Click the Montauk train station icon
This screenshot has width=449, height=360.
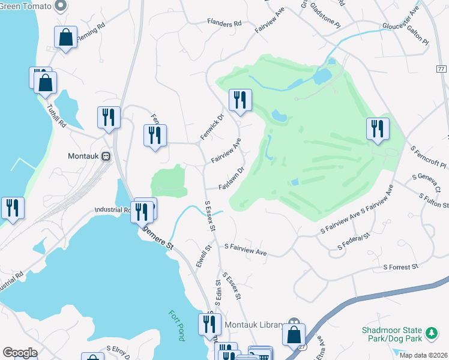106,156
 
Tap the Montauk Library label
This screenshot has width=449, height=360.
253,325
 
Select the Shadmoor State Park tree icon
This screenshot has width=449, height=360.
431,332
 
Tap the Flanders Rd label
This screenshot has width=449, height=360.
224,23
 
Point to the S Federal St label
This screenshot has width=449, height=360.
354,242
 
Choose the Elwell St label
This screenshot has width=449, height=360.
204,256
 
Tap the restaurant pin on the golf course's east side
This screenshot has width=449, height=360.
378,128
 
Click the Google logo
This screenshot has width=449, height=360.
20,353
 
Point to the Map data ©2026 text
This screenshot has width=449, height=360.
424,355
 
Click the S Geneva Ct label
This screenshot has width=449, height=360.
427,183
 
